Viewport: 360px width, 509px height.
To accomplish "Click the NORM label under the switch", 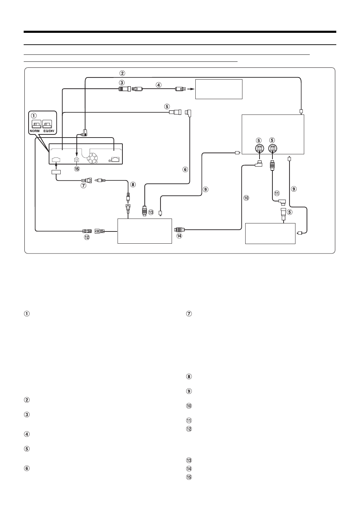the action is (35, 131).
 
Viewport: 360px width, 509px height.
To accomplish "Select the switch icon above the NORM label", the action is (36, 124).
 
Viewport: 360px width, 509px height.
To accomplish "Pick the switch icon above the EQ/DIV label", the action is (47, 124).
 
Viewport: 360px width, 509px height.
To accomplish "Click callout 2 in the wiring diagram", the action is (122, 73).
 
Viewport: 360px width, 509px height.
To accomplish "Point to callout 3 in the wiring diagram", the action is (122, 83).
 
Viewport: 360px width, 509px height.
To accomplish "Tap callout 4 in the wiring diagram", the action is (158, 85).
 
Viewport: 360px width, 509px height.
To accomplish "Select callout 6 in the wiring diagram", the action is (185, 169).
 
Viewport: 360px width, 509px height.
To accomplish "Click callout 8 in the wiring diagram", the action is (133, 185).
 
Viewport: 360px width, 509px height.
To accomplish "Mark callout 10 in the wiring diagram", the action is (246, 198).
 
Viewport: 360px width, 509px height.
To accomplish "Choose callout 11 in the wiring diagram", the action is (277, 193).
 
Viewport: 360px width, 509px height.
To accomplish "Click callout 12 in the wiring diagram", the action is (87, 237).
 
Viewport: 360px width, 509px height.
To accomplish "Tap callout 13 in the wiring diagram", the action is (151, 212).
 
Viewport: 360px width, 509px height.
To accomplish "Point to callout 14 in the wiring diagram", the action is (179, 236).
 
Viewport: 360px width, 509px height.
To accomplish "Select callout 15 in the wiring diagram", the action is (77, 169).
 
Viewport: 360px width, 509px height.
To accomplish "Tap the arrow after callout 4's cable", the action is (191, 89).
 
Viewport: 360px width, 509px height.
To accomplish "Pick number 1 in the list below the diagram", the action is (27, 314).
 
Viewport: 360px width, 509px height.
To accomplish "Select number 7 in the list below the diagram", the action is (189, 314).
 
